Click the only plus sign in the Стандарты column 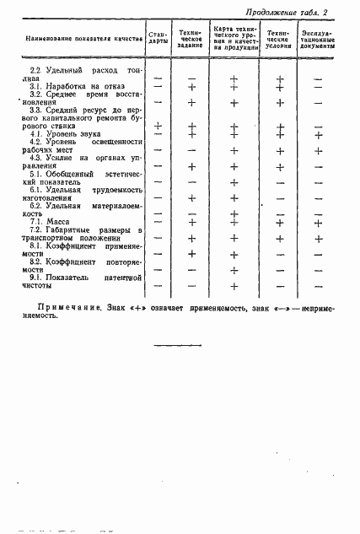(x=158, y=126)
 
